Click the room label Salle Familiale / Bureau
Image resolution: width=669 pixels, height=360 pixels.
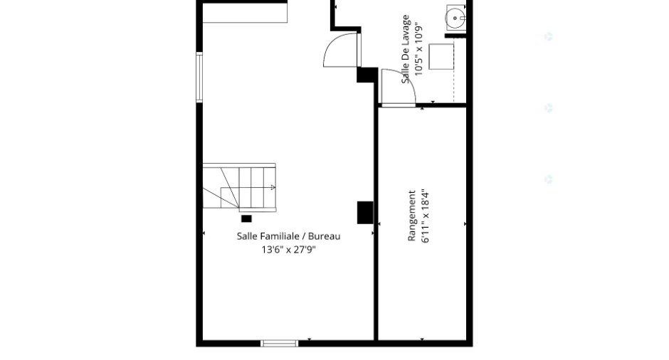tap(288, 236)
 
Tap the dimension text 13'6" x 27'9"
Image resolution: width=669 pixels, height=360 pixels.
tap(288, 250)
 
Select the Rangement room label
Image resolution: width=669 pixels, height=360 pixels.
tap(412, 216)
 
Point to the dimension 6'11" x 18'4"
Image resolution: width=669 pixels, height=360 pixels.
tap(426, 216)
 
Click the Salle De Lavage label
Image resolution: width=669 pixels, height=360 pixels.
tap(406, 49)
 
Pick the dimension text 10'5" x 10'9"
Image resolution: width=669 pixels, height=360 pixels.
tap(418, 49)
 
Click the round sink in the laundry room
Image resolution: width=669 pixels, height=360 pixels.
tap(455, 18)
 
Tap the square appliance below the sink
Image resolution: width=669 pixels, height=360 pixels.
tap(441, 56)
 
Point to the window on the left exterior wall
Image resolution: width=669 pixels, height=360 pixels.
tap(199, 78)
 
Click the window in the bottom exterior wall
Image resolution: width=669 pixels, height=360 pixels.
tap(280, 344)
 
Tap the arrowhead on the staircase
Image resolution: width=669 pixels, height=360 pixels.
tap(273, 187)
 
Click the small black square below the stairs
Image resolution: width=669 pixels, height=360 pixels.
tap(246, 219)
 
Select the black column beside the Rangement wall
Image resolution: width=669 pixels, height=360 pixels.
tap(365, 213)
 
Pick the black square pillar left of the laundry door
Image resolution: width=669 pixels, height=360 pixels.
tap(367, 75)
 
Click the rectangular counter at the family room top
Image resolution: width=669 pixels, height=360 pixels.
tap(245, 13)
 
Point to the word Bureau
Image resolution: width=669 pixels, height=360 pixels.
tap(325, 236)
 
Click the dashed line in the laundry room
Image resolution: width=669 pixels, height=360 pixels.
tap(453, 71)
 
